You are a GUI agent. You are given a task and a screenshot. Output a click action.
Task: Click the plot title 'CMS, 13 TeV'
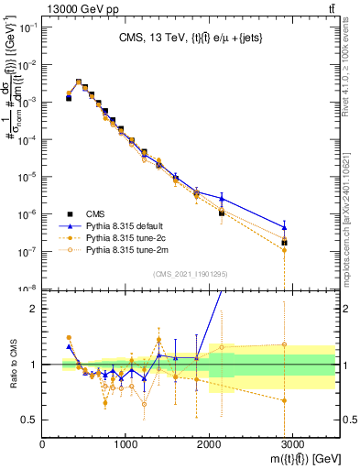[x=192, y=38]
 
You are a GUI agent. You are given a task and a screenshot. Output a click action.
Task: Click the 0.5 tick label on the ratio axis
[x=29, y=420]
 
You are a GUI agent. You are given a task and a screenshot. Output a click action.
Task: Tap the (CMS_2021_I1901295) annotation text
[x=190, y=274]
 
